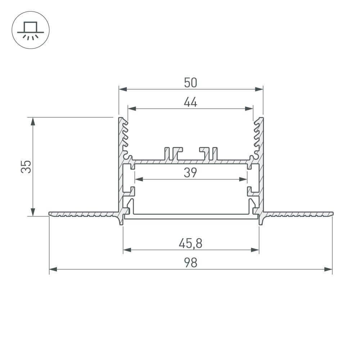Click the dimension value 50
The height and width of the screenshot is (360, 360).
click(x=190, y=83)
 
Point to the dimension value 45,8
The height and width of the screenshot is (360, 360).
click(x=190, y=244)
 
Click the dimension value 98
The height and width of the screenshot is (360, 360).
click(x=190, y=263)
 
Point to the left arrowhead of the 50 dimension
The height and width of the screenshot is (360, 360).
click(x=123, y=89)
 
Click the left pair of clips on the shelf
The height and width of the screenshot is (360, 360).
click(x=173, y=153)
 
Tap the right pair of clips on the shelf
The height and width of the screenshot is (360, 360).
click(x=208, y=153)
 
